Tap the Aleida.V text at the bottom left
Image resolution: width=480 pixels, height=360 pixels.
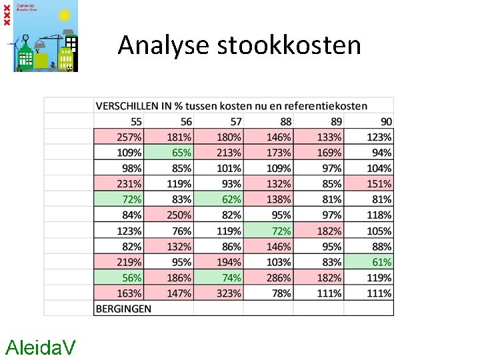point(40,347)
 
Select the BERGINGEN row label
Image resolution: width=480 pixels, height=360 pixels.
point(124,309)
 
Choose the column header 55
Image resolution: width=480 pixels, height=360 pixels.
point(135,121)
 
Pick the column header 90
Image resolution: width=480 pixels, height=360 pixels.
point(386,121)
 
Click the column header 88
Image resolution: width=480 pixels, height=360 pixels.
point(285,121)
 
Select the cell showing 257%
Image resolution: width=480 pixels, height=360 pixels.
point(129,137)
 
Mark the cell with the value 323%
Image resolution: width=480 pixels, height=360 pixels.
point(229,293)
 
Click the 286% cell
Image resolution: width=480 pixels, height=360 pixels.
point(278,277)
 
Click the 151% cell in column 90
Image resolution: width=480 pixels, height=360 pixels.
point(379,184)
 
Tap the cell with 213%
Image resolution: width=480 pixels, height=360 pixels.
point(229,153)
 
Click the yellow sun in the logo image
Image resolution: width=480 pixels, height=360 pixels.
point(65,14)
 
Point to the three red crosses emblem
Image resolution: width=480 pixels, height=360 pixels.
point(7,13)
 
